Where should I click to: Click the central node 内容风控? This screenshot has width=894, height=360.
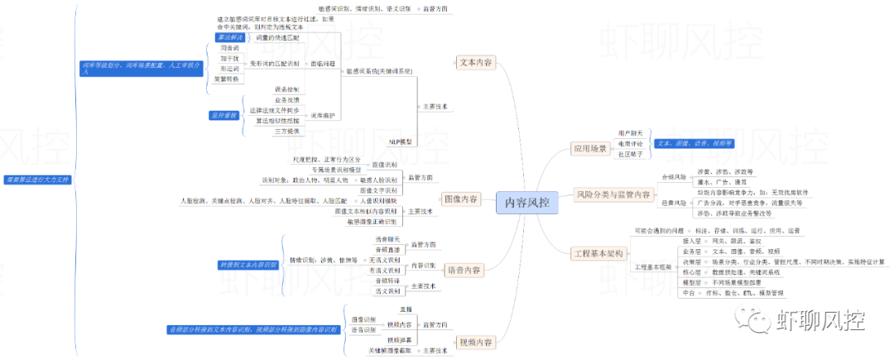pyautogui.click(x=527, y=203)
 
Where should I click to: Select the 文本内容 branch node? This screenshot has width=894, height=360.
pyautogui.click(x=475, y=61)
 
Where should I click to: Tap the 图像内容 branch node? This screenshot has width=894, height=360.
pyautogui.click(x=460, y=199)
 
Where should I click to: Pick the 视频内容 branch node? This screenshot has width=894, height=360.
pyautogui.click(x=475, y=342)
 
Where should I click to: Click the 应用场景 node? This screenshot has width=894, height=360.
pyautogui.click(x=590, y=149)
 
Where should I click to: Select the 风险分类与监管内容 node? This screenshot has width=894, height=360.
pyautogui.click(x=612, y=194)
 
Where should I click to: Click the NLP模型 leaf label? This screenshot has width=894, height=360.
pyautogui.click(x=401, y=142)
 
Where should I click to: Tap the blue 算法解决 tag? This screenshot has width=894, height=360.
pyautogui.click(x=229, y=38)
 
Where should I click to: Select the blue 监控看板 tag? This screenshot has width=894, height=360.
pyautogui.click(x=224, y=115)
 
